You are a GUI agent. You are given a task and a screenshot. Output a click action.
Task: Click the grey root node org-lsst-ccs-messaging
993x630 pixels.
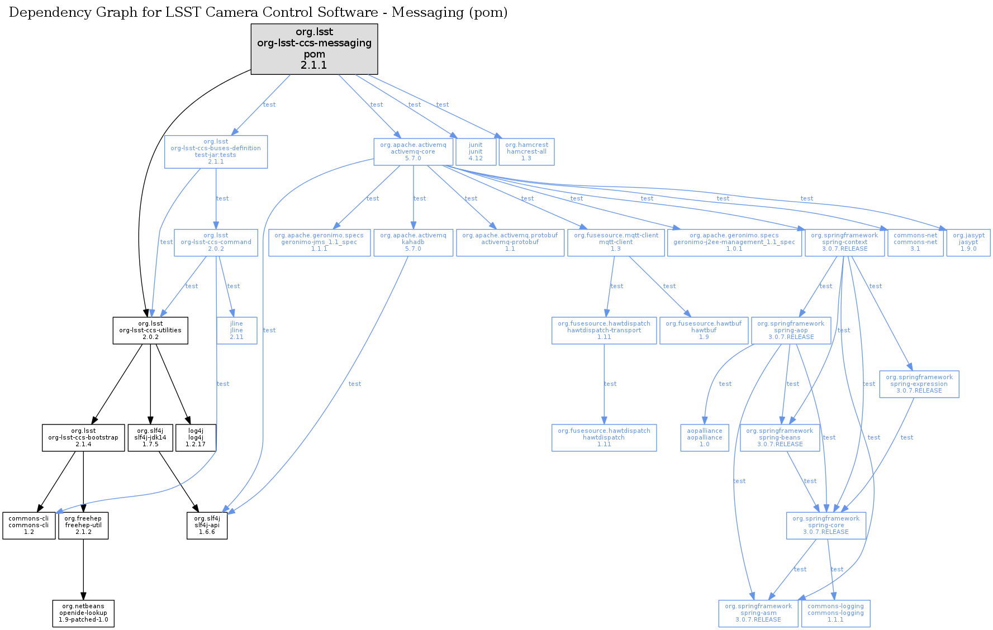click(x=314, y=49)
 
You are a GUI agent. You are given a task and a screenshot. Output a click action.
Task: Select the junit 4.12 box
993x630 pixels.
click(x=476, y=151)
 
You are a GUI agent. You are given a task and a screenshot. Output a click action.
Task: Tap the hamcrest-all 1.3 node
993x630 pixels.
click(x=526, y=151)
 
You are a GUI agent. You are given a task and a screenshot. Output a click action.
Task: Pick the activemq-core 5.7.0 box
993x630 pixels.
click(x=413, y=151)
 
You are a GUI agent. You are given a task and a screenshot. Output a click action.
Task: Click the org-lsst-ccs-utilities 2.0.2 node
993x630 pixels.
click(x=150, y=330)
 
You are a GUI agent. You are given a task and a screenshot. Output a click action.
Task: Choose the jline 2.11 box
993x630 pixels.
click(x=236, y=330)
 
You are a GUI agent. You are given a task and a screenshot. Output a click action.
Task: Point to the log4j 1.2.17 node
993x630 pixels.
click(x=196, y=437)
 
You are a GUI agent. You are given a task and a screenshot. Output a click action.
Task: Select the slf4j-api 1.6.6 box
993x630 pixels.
click(x=207, y=525)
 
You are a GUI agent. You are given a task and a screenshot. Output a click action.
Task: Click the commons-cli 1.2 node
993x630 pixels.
click(x=28, y=525)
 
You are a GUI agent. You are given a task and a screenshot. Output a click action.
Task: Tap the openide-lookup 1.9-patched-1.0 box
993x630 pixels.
click(x=83, y=613)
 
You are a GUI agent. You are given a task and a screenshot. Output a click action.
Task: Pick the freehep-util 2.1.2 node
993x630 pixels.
click(x=83, y=525)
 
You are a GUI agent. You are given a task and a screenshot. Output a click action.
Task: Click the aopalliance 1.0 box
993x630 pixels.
click(x=705, y=437)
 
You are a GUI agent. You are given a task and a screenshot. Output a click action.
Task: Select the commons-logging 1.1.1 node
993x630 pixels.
click(x=835, y=613)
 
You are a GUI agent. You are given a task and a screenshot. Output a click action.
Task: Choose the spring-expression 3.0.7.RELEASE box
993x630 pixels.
click(x=919, y=384)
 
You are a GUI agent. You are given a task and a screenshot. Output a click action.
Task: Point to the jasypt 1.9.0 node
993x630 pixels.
click(x=968, y=242)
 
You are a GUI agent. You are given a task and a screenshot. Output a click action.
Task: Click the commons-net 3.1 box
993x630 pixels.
click(x=915, y=242)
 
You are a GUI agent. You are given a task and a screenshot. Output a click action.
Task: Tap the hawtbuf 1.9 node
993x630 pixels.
click(x=704, y=330)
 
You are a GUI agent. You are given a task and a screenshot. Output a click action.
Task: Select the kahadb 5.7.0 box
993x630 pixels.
click(x=413, y=242)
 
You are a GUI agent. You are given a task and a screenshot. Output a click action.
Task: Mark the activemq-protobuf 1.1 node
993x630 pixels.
click(x=510, y=242)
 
